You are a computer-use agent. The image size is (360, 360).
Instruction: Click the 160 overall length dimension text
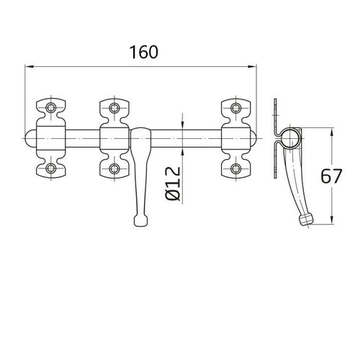(144, 52)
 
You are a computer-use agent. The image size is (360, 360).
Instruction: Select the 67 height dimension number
(345, 176)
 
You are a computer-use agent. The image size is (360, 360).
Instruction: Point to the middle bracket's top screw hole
(114, 109)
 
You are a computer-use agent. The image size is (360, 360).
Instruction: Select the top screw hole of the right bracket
(235, 109)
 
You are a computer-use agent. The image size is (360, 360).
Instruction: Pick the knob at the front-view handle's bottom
(140, 219)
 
